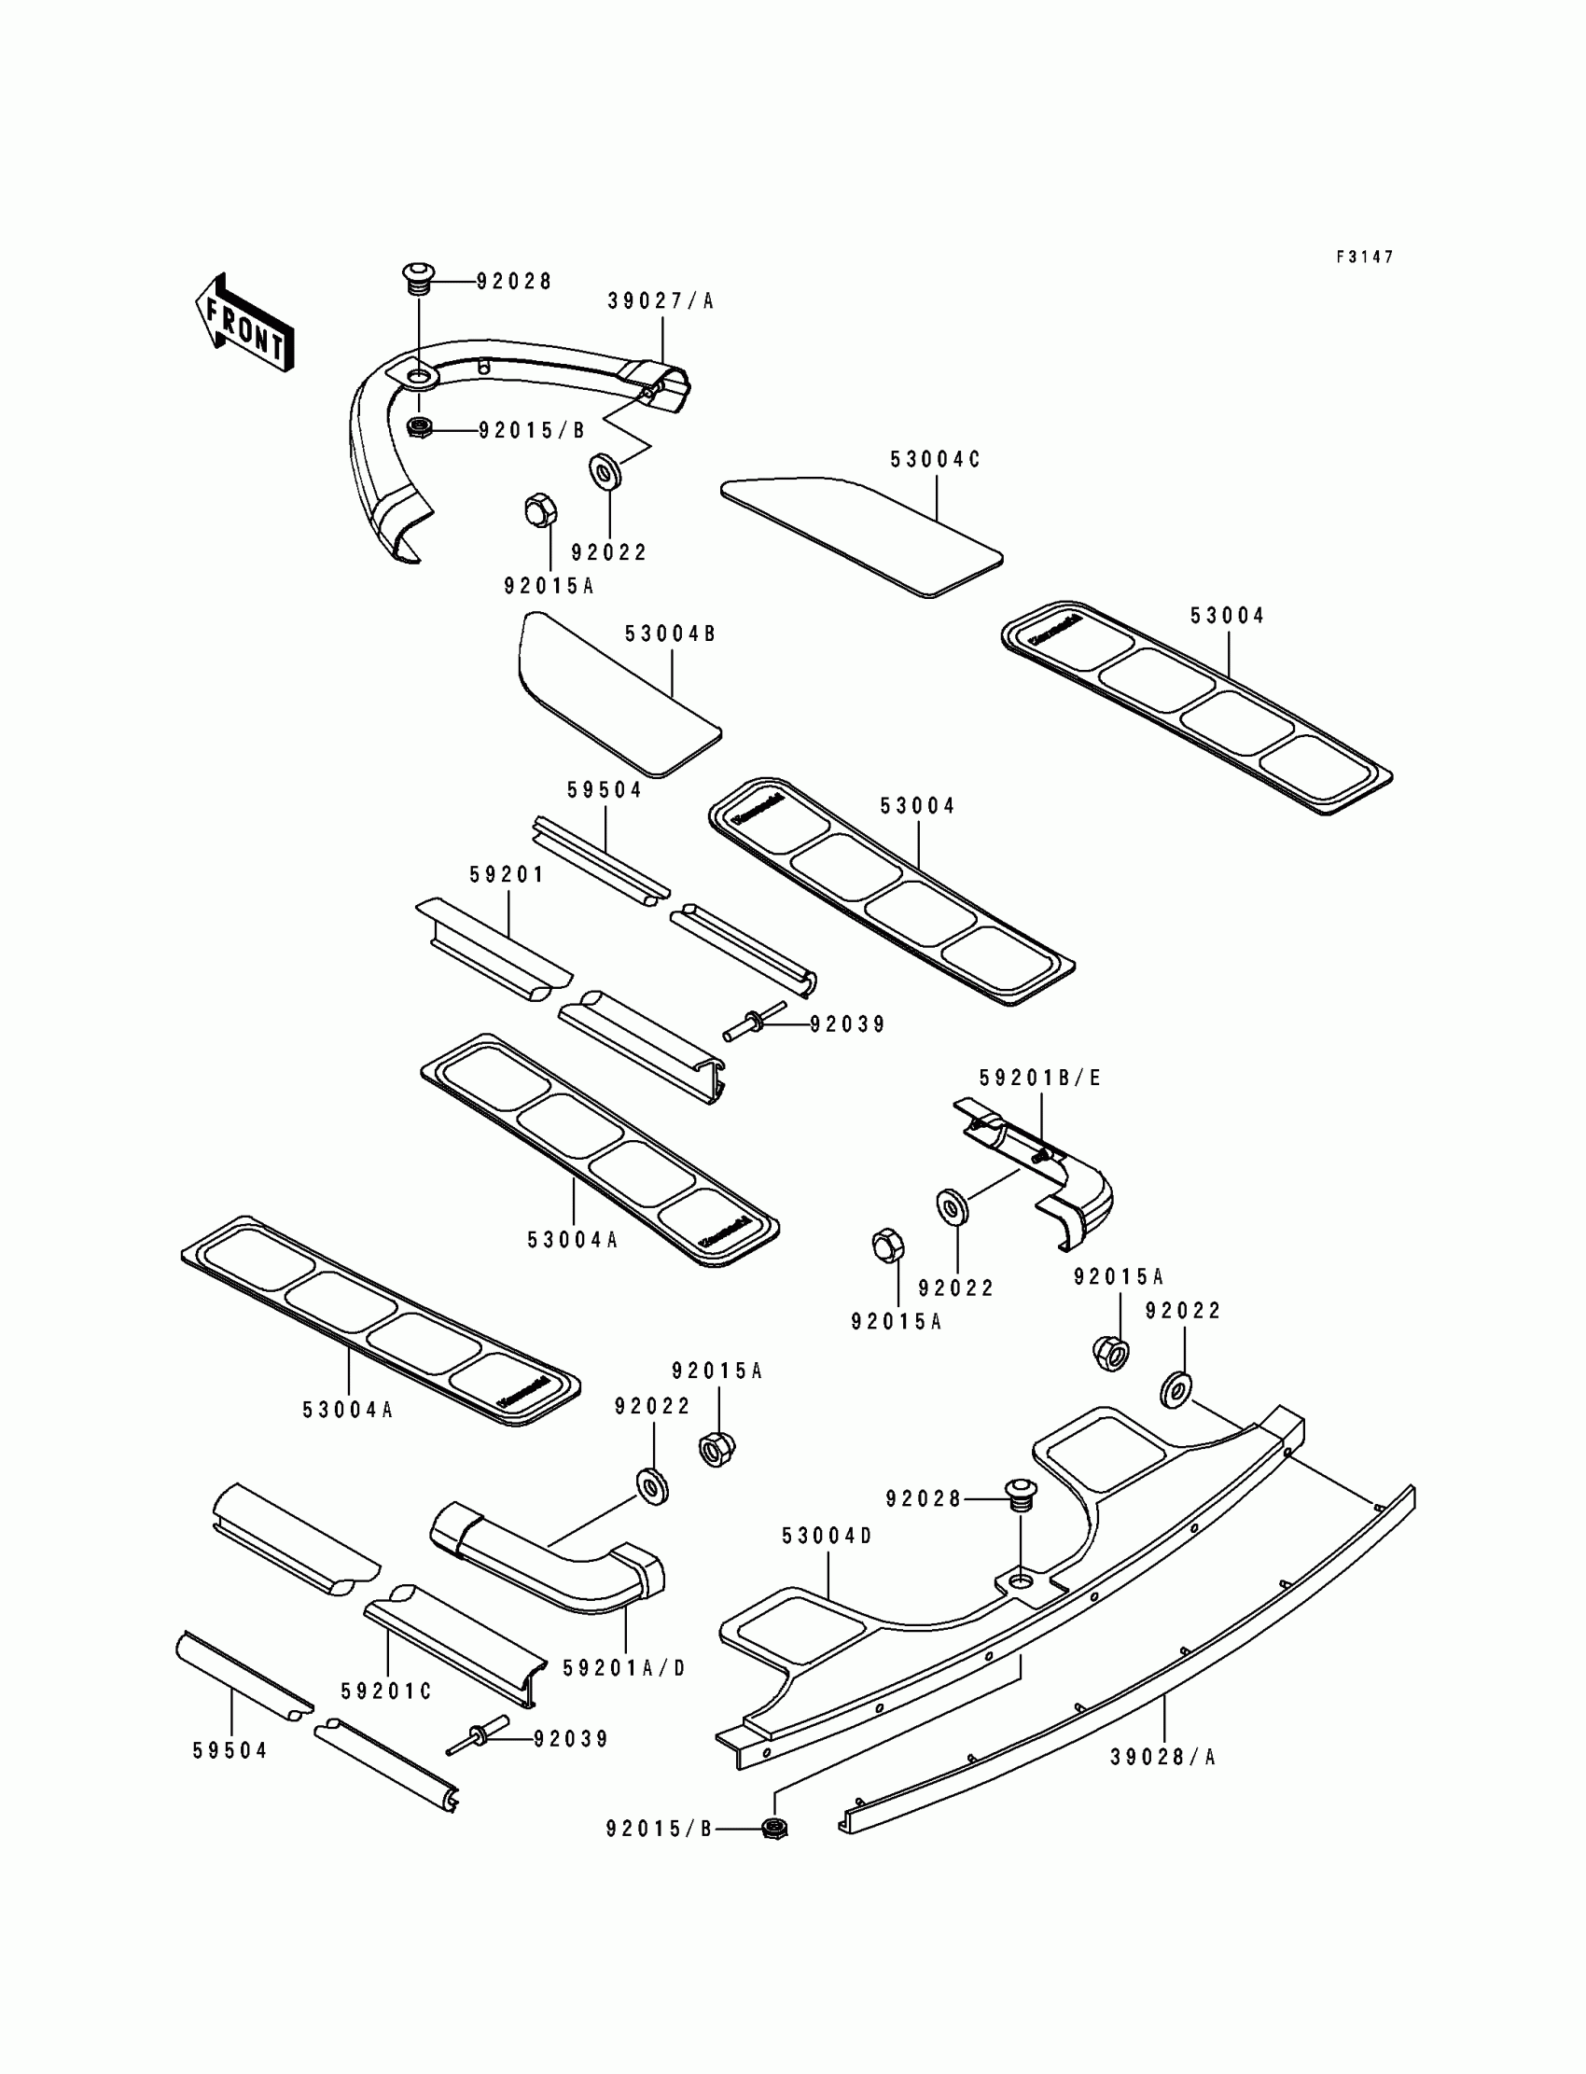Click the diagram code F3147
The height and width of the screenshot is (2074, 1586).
pyautogui.click(x=1364, y=257)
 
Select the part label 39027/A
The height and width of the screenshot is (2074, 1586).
pyautogui.click(x=661, y=301)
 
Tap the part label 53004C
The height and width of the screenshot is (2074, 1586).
pyautogui.click(x=936, y=460)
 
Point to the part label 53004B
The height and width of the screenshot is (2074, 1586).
pyautogui.click(x=670, y=633)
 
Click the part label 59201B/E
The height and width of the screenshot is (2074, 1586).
pyautogui.click(x=1040, y=1078)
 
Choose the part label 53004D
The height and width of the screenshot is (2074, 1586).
pyautogui.click(x=827, y=1536)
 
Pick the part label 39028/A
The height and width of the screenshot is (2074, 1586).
pyautogui.click(x=1163, y=1757)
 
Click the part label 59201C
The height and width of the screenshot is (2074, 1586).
pyautogui.click(x=387, y=1691)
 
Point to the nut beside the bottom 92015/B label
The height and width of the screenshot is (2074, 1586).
pyautogui.click(x=774, y=1829)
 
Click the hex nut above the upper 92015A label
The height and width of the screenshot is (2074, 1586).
pyautogui.click(x=540, y=510)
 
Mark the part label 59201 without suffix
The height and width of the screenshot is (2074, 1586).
pyautogui.click(x=508, y=875)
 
